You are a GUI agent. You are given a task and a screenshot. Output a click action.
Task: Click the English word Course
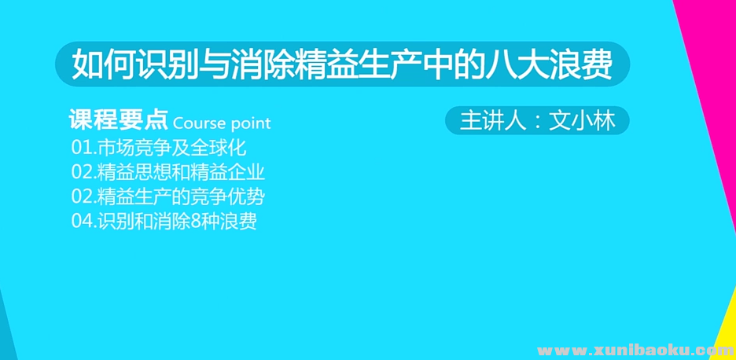[198, 123]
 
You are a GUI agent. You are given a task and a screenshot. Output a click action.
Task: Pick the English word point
[250, 123]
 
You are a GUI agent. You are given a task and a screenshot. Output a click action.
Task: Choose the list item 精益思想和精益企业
[167, 172]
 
